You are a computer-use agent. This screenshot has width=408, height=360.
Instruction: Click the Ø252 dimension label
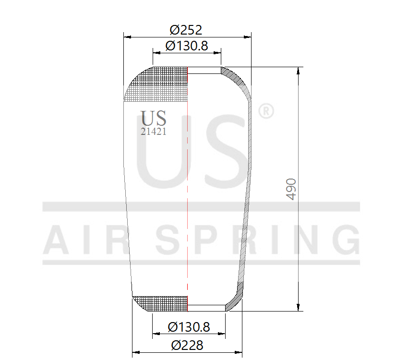coord(186,30)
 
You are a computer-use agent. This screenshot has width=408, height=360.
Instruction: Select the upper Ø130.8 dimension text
coord(186,46)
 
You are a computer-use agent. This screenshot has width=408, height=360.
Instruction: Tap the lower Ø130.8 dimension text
coord(189,327)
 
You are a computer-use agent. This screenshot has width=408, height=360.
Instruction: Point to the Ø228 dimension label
coord(187,345)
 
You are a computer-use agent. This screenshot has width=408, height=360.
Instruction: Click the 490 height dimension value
coord(291,189)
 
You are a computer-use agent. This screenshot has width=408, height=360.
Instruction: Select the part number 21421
coord(154,132)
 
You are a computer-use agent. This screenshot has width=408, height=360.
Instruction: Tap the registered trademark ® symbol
coord(266,111)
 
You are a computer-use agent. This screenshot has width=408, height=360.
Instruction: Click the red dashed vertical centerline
coord(187,192)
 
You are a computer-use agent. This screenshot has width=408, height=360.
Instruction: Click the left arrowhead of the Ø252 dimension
coord(127,36)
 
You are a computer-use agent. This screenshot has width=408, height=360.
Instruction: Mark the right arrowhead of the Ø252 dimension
coord(248,36)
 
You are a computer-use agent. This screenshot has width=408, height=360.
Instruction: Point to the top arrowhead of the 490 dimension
coord(299,70)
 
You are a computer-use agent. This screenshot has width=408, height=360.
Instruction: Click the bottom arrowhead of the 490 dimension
coord(299,308)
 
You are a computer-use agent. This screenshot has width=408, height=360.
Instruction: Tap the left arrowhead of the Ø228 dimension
coord(135,352)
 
